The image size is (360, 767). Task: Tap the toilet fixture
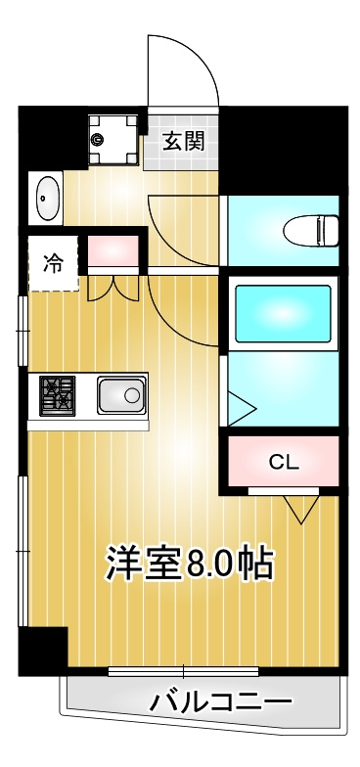click(x=311, y=230)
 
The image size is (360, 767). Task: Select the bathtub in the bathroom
click(x=283, y=313)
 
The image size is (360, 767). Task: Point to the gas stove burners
click(x=57, y=395)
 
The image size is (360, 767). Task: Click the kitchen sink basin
click(x=121, y=395)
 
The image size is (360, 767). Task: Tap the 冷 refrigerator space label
click(x=53, y=264)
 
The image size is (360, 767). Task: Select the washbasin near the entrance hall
click(x=48, y=198)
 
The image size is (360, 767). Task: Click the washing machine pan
click(x=113, y=139)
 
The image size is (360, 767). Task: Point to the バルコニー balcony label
click(x=221, y=702)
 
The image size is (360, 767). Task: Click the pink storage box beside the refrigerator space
click(x=113, y=250)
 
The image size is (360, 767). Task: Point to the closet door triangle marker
click(x=301, y=509)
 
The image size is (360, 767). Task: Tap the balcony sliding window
click(x=184, y=671)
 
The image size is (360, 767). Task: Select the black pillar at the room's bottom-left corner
click(x=43, y=651)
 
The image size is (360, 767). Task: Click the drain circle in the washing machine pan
click(x=98, y=140)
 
